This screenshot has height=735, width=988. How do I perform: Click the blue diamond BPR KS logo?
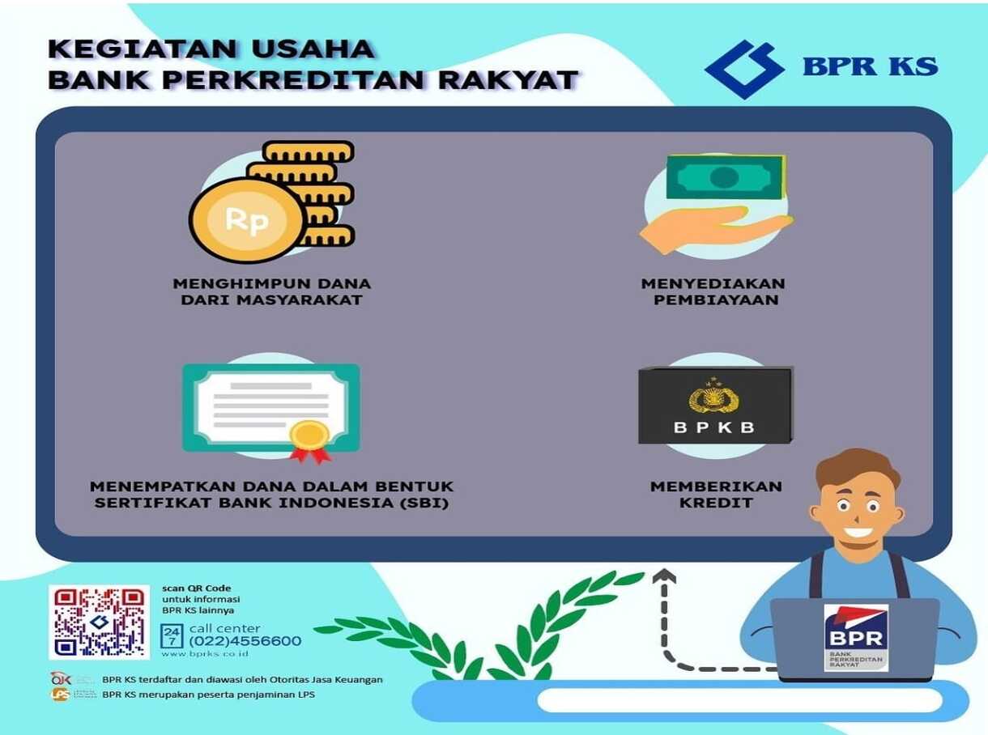pyautogui.click(x=744, y=69)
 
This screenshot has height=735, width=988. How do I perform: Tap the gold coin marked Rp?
pyautogui.click(x=247, y=219)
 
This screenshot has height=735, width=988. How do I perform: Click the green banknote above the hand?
pyautogui.click(x=725, y=176)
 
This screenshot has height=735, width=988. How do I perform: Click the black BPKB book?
pyautogui.click(x=715, y=405)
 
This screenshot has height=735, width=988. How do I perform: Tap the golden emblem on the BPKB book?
pyautogui.click(x=714, y=397)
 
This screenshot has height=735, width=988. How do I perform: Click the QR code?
pyautogui.click(x=99, y=622)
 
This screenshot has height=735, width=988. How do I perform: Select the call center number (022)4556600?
pyautogui.click(x=245, y=641)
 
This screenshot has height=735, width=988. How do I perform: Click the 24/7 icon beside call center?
pyautogui.click(x=172, y=636)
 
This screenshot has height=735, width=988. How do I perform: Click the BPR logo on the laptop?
pyautogui.click(x=855, y=637)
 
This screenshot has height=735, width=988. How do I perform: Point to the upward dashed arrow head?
pyautogui.click(x=665, y=576)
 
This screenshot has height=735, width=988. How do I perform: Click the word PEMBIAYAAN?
pyautogui.click(x=713, y=300)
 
